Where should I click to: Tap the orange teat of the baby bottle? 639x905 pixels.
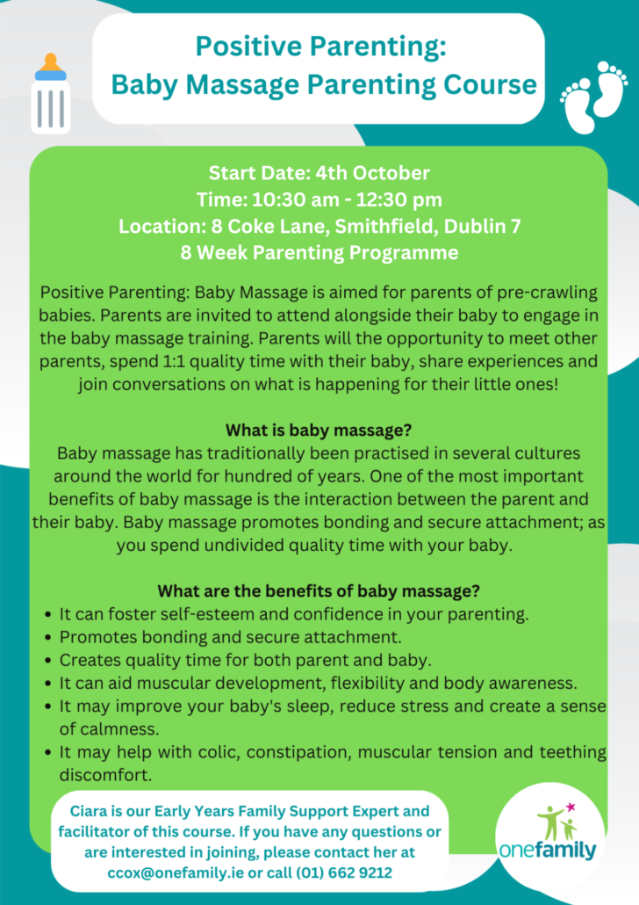51,62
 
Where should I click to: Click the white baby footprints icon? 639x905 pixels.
593,96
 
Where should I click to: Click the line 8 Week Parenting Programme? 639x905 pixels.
319,253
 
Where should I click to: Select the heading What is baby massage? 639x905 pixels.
319,430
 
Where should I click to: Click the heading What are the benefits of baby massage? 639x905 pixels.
319,591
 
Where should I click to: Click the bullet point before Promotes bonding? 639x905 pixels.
48,638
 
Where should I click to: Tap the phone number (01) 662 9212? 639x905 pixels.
344,872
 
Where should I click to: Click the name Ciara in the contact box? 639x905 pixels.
89,811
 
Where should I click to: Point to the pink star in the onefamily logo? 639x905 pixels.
571,807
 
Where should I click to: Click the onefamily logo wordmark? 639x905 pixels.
548,851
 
